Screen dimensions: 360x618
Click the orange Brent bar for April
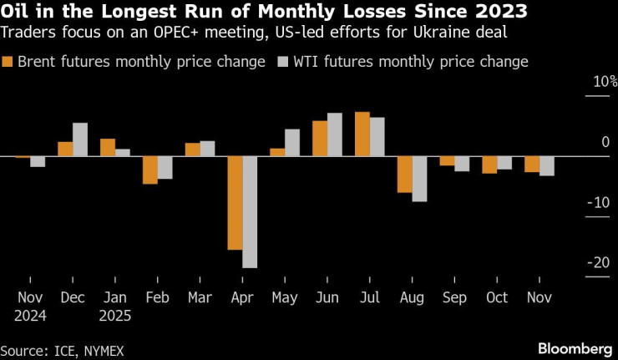(x=235, y=203)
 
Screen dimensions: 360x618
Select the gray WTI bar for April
(x=250, y=212)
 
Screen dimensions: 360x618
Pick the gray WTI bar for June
(x=335, y=134)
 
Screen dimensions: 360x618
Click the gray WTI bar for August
(x=419, y=179)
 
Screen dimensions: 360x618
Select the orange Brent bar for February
(x=149, y=170)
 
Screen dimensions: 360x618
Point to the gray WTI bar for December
(x=80, y=139)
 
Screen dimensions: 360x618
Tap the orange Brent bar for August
(x=405, y=175)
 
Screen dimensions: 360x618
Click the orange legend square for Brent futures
(x=8, y=63)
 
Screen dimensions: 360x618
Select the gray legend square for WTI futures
(x=282, y=63)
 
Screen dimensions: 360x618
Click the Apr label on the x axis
(x=242, y=297)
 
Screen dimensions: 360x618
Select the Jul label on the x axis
(x=370, y=297)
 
